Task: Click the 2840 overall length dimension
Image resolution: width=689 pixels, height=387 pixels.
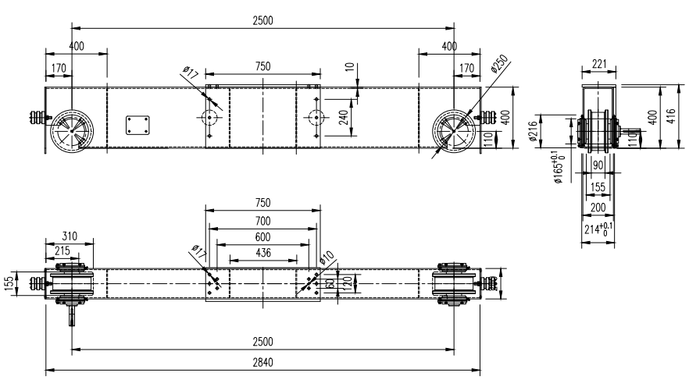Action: point(262,365)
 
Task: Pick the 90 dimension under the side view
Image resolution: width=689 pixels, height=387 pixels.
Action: point(598,165)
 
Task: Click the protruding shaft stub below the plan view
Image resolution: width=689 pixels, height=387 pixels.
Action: point(73,314)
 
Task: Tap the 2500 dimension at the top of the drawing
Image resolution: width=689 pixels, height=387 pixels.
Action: point(262,20)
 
